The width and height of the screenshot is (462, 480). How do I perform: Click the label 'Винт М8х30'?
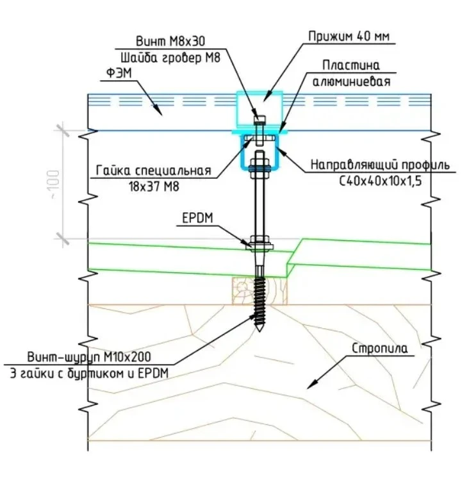coord(170,41)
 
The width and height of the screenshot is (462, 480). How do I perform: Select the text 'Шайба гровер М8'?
coord(170,58)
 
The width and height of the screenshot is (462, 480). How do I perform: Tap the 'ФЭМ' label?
coord(119,74)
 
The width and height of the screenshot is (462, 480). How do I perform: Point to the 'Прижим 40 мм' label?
coord(349,37)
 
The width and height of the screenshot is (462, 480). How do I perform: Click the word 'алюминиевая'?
coord(351,82)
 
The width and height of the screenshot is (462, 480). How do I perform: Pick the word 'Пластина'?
coord(351,65)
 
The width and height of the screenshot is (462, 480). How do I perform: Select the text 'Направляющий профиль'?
coord(380,165)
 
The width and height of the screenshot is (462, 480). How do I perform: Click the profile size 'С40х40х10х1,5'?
coord(380,181)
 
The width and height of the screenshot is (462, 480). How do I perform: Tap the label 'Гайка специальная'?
coord(154,170)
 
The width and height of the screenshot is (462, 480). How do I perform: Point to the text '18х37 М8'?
coord(154,186)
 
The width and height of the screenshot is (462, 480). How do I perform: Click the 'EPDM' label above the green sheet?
coord(197,219)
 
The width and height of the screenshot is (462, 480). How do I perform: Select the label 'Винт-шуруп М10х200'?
coord(89,357)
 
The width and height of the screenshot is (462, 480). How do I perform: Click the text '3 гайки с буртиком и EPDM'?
coord(90,374)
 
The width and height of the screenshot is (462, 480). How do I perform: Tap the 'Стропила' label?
coord(379,349)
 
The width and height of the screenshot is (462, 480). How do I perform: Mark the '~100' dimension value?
coord(55,185)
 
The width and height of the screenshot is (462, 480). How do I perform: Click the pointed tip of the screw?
coord(259,331)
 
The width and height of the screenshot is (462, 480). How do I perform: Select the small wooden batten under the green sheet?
coord(260,291)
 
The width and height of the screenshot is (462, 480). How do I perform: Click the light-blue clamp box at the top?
coord(260,109)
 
